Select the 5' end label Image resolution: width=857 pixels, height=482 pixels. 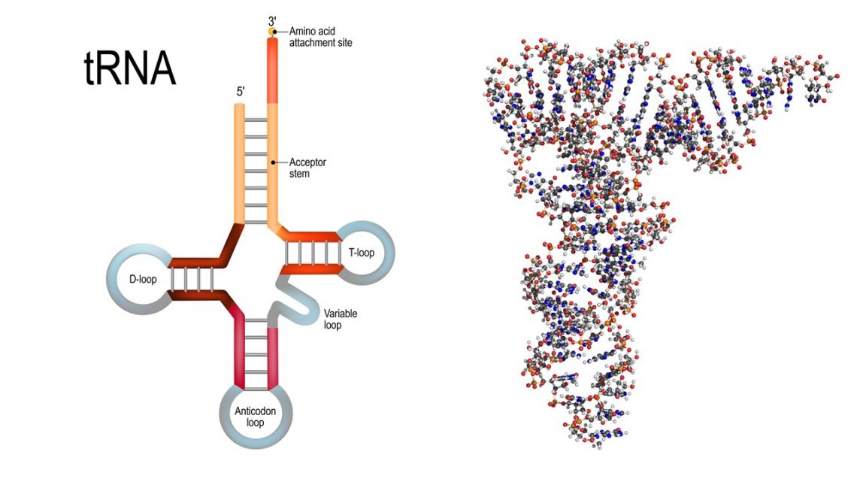click(x=241, y=92)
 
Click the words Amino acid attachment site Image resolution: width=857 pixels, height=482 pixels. click(x=320, y=37)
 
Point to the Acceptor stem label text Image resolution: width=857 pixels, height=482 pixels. click(x=308, y=168)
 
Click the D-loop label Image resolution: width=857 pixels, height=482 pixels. click(x=142, y=278)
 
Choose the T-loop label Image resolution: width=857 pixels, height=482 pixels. click(x=361, y=253)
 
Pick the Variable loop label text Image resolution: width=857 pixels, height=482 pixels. click(x=340, y=320)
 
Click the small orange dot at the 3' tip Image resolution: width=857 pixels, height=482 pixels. click(x=273, y=32)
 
